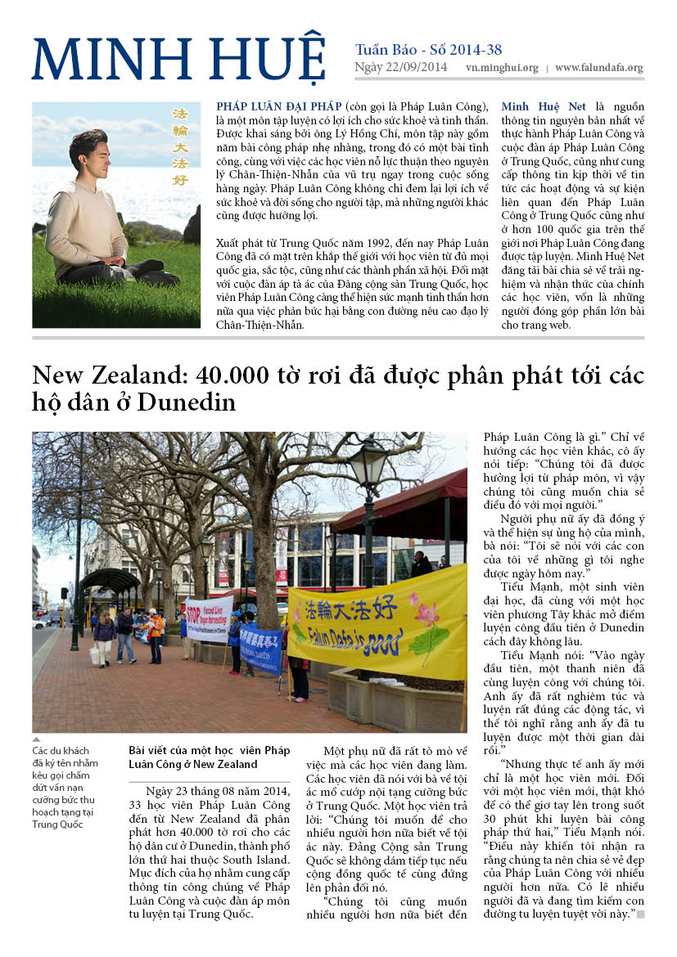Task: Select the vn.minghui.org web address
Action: click(x=502, y=69)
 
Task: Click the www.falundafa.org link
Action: click(x=599, y=69)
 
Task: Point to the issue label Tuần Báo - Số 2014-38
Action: click(x=428, y=49)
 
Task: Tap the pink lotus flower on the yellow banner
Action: click(x=426, y=614)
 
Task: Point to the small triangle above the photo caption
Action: click(x=36, y=739)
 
